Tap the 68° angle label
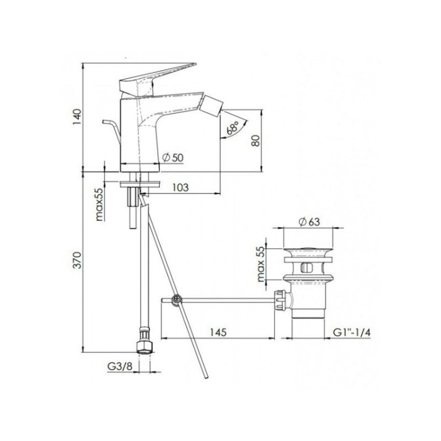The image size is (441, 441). (x=233, y=127)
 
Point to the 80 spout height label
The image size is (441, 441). (x=256, y=140)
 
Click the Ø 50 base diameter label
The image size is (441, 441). (x=173, y=158)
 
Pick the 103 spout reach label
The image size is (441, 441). (x=180, y=187)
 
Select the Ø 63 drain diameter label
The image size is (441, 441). (x=309, y=222)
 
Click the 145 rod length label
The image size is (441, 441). (x=218, y=332)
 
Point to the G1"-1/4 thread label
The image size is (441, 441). (x=352, y=332)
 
